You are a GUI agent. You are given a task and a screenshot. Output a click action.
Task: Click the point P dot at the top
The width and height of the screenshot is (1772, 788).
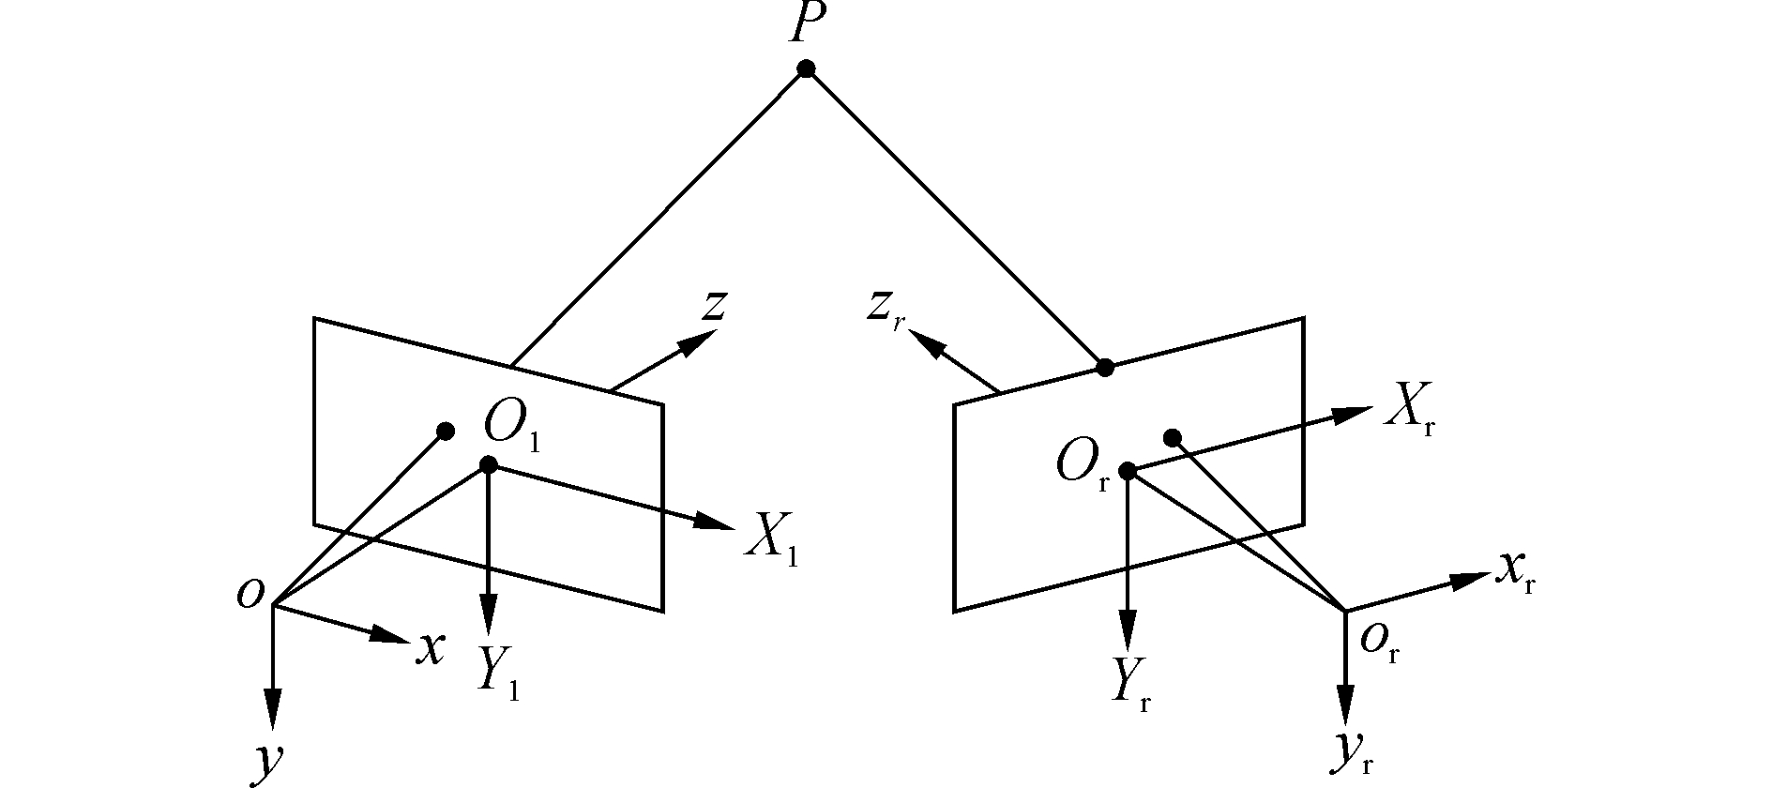coord(805,68)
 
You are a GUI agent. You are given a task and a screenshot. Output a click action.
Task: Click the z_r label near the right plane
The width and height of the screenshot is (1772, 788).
coord(884,307)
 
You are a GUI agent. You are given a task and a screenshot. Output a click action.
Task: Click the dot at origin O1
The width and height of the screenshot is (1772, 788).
coord(488,464)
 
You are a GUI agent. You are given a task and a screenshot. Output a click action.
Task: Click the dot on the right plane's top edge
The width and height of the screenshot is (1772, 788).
coord(1106,367)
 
